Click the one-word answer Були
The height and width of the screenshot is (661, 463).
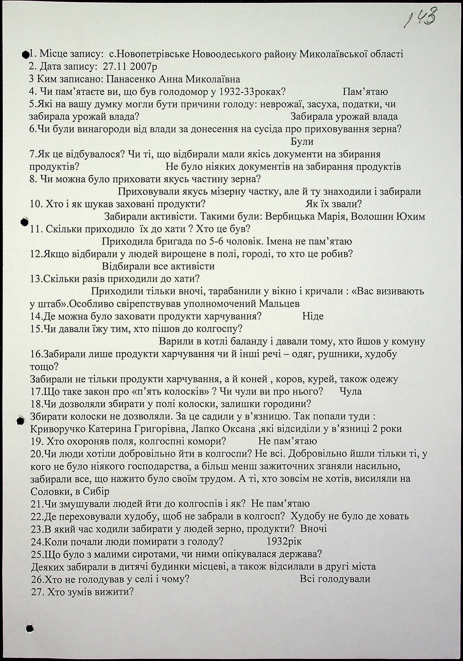[302, 142]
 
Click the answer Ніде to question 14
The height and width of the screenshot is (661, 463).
[313, 316]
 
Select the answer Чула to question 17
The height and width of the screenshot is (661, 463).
[350, 391]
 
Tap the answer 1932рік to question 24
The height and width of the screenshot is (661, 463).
[284, 542]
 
